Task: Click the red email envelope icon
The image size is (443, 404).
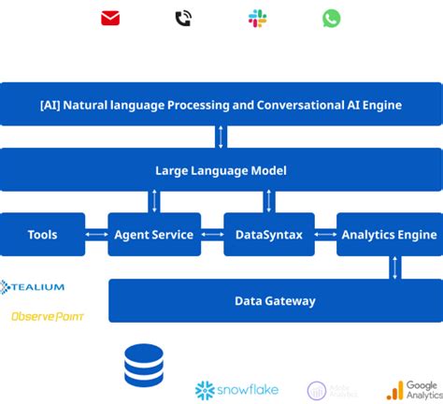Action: (110, 19)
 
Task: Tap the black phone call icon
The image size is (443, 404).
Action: (183, 19)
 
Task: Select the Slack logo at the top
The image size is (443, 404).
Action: (257, 19)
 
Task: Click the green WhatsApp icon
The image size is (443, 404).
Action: (332, 19)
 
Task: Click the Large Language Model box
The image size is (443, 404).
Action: (221, 170)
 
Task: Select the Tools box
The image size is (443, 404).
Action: (42, 235)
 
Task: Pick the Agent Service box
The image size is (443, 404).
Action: (153, 235)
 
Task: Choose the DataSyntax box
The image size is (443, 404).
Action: (269, 235)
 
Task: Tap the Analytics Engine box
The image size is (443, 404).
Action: (389, 235)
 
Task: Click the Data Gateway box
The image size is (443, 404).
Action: (275, 300)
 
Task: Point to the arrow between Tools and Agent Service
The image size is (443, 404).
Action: (96, 235)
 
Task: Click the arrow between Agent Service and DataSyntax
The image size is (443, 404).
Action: (211, 235)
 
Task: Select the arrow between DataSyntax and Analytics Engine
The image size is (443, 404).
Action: (325, 235)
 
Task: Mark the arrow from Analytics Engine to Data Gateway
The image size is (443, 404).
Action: (395, 267)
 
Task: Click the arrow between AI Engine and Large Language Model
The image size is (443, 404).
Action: (221, 137)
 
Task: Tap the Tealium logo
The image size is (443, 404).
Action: (34, 287)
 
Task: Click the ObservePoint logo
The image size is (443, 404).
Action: (48, 317)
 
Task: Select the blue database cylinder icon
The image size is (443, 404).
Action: (144, 366)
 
